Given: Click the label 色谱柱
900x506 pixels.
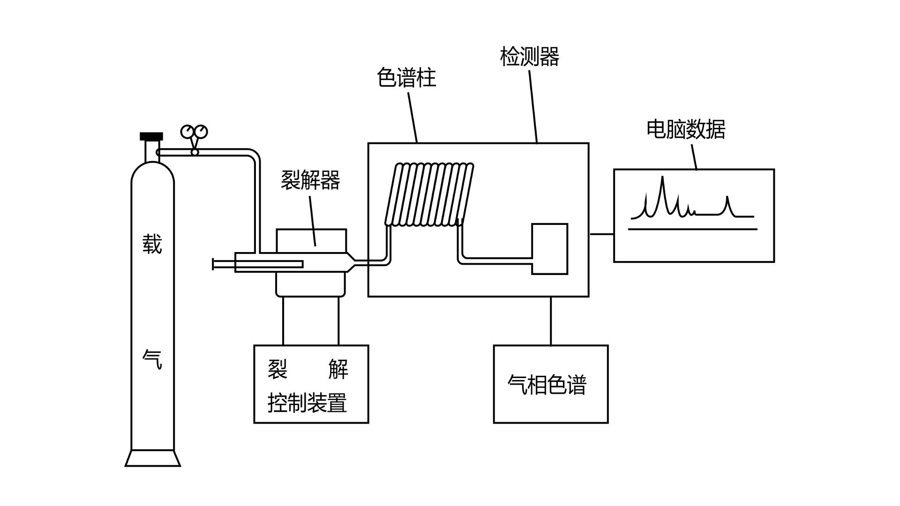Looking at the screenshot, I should (x=406, y=78).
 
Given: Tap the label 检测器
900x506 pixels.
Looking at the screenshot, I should (x=530, y=57).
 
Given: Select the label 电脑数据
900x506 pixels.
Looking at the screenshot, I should (x=686, y=129).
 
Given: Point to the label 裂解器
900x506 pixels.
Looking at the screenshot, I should (x=310, y=180).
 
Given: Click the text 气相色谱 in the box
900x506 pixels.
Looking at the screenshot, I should (x=547, y=385).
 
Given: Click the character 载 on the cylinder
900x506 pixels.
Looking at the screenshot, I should (x=152, y=245).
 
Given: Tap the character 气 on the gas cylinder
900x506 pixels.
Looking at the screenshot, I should (x=152, y=360).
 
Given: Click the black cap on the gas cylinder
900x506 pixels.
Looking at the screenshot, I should (x=151, y=136).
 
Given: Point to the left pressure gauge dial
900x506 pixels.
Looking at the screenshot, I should (x=188, y=132).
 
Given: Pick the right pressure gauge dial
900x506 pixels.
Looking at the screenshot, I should (x=201, y=132).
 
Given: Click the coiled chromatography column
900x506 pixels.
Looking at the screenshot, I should (x=429, y=194).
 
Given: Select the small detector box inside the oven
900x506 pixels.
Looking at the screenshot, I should (x=549, y=249).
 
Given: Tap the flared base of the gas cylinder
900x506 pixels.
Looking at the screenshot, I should (x=153, y=458).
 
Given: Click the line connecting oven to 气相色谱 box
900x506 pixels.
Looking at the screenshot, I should (x=551, y=321).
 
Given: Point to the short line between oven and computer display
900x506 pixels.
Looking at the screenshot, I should (x=601, y=234).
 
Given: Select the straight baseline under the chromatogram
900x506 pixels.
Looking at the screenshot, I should (x=692, y=229).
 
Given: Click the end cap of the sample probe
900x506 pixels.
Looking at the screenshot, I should (x=213, y=264).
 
